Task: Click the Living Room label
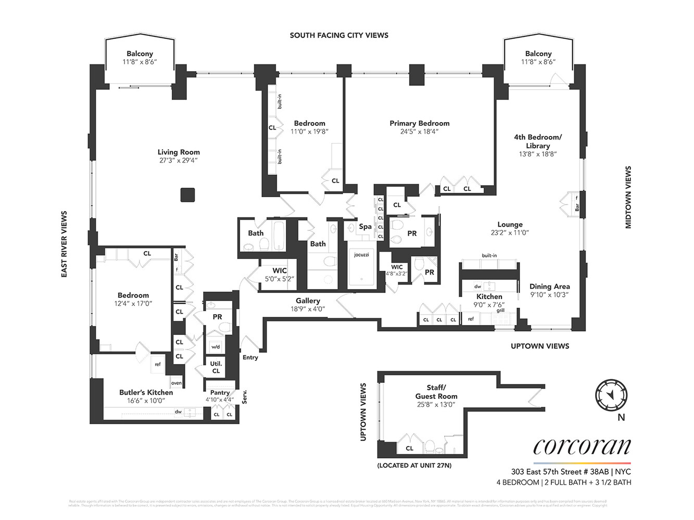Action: pos(179,152)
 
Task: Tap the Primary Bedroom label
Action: pos(419,123)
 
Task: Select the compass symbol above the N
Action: pos(611,395)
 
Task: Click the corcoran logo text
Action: pos(582,447)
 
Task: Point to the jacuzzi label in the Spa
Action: pos(361,255)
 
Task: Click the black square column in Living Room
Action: pos(187,195)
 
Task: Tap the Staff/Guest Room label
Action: pos(436,392)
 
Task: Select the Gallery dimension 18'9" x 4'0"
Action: pos(308,309)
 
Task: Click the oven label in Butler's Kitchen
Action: pos(176,383)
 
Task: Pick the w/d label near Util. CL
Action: pos(215,347)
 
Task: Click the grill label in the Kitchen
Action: pos(500,310)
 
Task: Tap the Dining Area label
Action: pos(549,286)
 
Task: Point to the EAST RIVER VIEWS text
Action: pos(65,244)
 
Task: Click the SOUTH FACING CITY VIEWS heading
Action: pos(339,35)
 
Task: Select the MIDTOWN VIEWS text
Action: pos(628,197)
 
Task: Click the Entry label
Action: pos(250,357)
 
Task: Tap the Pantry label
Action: pos(220,393)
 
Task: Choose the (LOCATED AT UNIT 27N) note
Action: pos(414,465)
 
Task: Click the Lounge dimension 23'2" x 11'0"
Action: pos(510,233)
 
